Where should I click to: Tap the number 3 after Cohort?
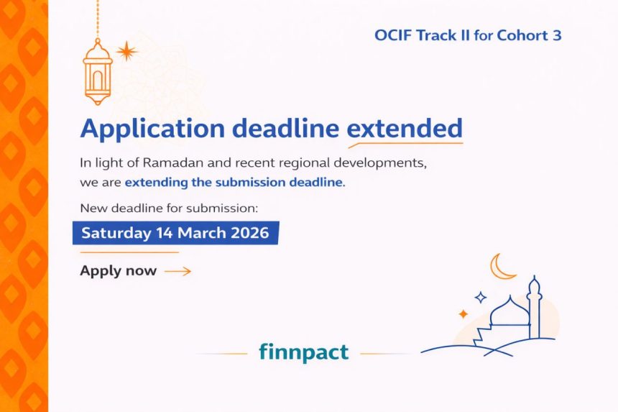tap(557, 35)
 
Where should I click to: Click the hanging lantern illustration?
tap(98, 72)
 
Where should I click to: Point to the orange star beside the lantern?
tap(127, 50)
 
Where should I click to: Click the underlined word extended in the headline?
tap(405, 129)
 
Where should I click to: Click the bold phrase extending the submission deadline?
tap(233, 183)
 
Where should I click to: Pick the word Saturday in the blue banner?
tap(116, 233)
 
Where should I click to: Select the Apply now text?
tap(118, 271)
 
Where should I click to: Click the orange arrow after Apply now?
tap(177, 271)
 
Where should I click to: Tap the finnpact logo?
tap(303, 352)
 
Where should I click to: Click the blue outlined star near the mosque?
tap(480, 297)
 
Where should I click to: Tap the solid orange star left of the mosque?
tap(463, 314)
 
